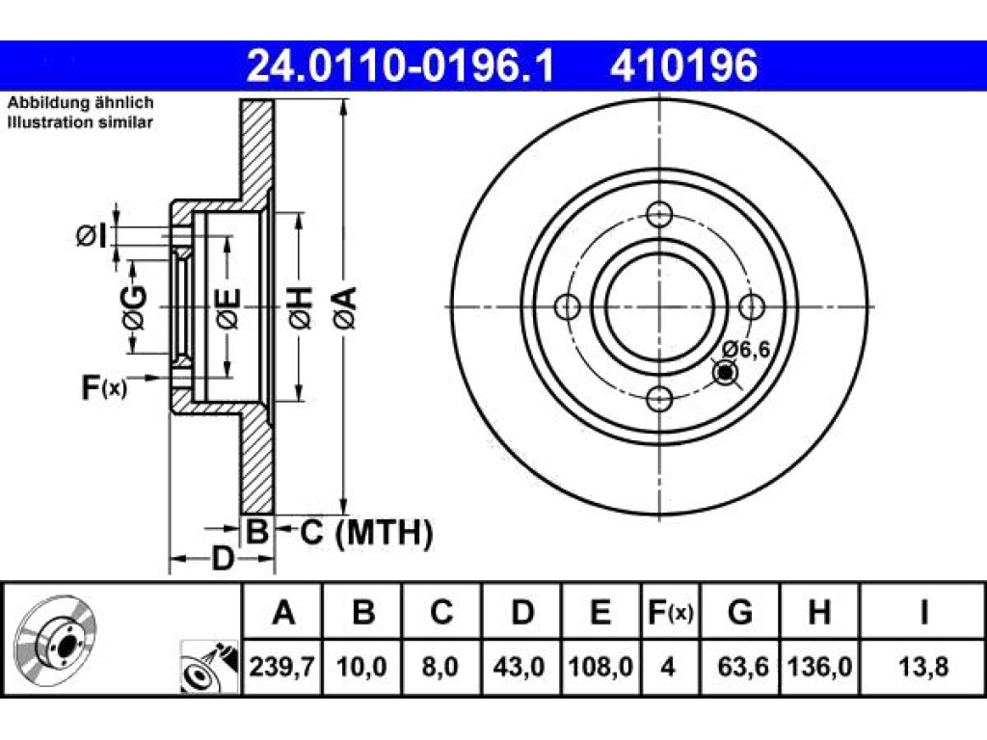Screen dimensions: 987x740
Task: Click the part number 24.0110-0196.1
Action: (x=401, y=66)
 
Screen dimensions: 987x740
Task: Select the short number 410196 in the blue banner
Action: (x=683, y=66)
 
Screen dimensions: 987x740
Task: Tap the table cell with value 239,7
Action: (x=282, y=667)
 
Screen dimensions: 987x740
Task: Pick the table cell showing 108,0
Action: (x=600, y=667)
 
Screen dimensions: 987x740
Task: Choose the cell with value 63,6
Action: (x=741, y=667)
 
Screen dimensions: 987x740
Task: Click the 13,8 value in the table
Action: (x=922, y=667)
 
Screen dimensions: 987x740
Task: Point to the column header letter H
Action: (x=819, y=612)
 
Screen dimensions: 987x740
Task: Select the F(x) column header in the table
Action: (x=671, y=612)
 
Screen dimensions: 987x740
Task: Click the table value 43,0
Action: (x=520, y=667)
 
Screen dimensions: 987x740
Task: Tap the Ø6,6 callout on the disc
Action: (x=746, y=349)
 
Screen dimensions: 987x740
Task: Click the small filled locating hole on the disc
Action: (x=726, y=373)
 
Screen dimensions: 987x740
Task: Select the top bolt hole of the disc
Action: (x=659, y=214)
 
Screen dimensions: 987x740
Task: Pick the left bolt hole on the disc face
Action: (x=568, y=306)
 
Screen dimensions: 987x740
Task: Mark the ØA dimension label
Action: (x=346, y=307)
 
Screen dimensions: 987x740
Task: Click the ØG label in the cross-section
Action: (x=135, y=307)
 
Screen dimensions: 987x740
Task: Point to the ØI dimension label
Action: (x=92, y=235)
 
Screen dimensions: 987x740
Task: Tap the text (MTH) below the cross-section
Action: (x=384, y=533)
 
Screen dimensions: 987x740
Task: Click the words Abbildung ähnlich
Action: (x=81, y=102)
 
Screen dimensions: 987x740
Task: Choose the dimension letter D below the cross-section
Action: (x=223, y=559)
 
